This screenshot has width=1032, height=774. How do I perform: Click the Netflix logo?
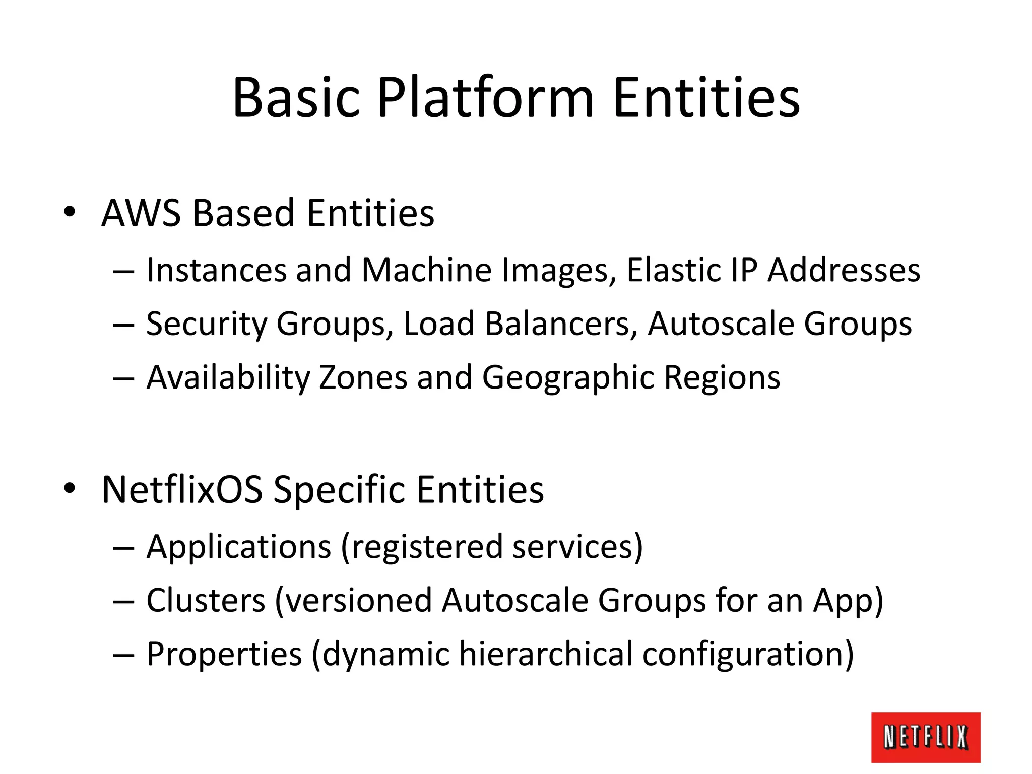coord(925,737)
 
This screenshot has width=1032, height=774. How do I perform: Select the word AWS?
coord(141,213)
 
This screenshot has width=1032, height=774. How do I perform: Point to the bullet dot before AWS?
coord(70,211)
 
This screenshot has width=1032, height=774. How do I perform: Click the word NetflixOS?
coord(182,489)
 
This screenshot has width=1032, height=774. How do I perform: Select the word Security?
coord(206,324)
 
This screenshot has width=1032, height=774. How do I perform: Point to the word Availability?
coord(228,377)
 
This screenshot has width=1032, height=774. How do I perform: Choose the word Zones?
coord(363,377)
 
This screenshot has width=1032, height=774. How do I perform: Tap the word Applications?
coord(239,547)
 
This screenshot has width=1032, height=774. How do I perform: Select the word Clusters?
coord(206,600)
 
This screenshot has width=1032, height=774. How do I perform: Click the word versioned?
coord(358,600)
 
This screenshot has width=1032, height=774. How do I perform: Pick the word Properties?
coord(224,654)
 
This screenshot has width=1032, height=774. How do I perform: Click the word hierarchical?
coord(546,654)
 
